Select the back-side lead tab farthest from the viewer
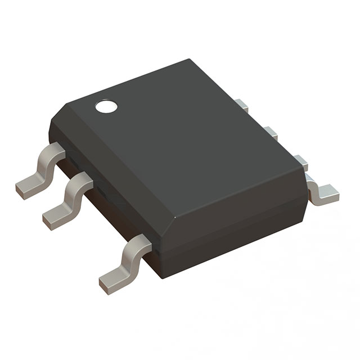[242, 105]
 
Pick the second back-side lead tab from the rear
[271, 133]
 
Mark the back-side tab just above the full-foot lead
[301, 162]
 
